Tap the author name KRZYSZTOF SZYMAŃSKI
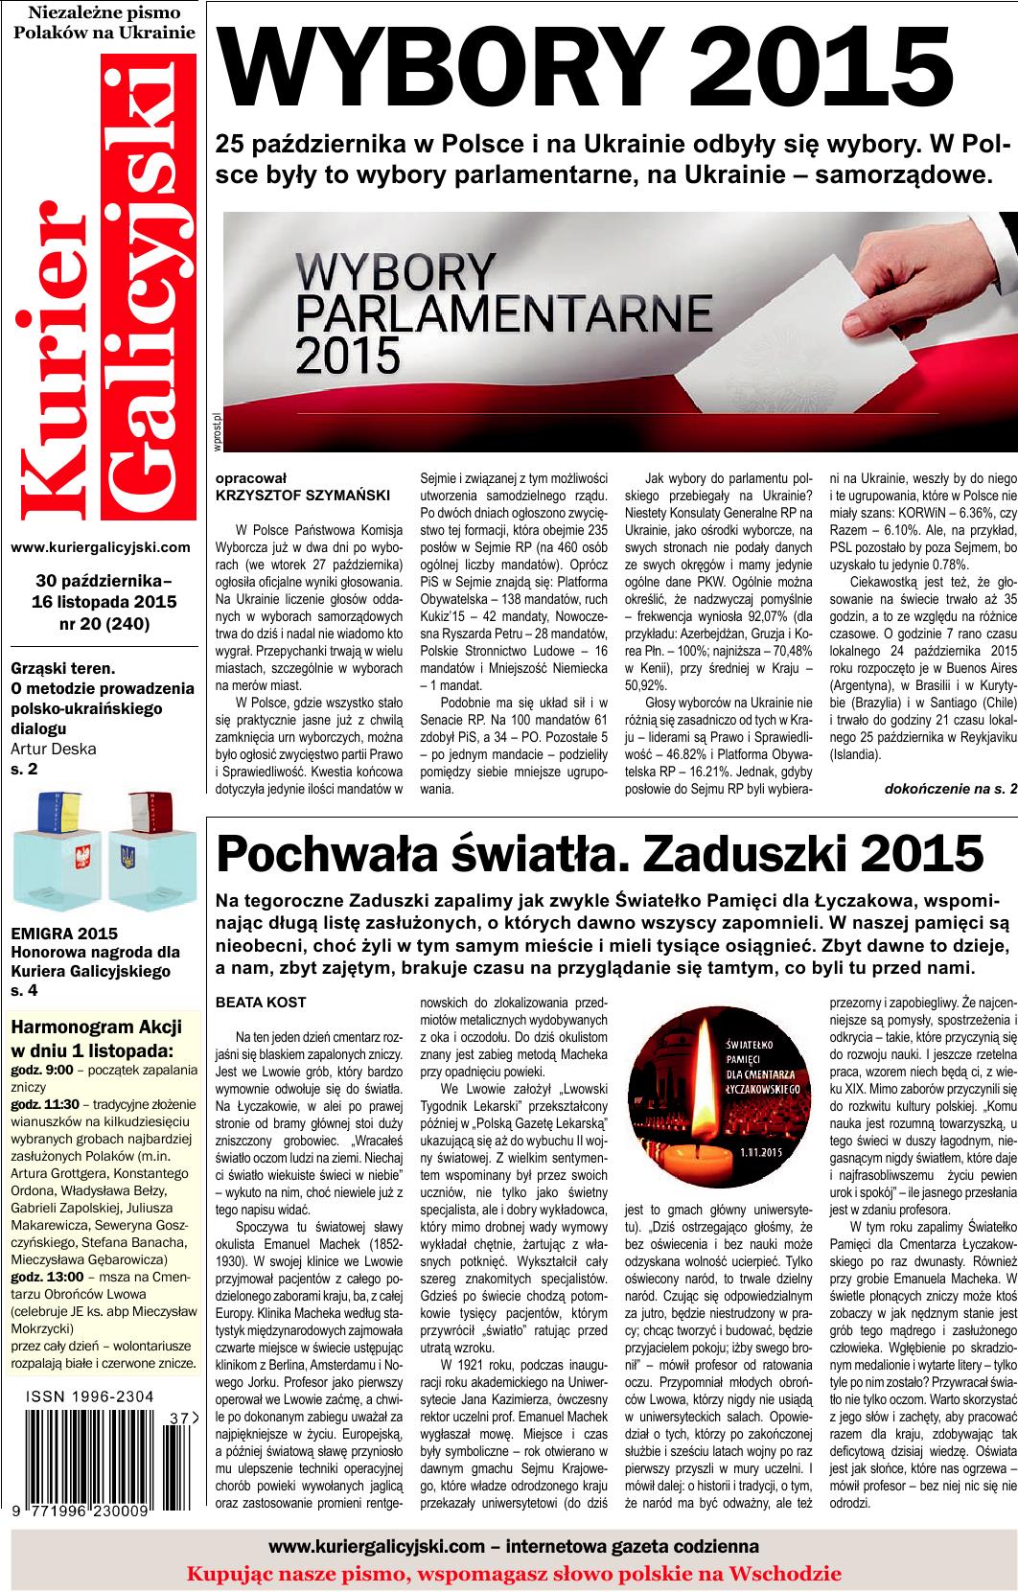tap(289, 495)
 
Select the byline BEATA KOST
tap(261, 1003)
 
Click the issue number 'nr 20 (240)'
tap(104, 625)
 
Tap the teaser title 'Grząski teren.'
tap(62, 667)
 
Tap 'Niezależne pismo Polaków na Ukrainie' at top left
tap(104, 23)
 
